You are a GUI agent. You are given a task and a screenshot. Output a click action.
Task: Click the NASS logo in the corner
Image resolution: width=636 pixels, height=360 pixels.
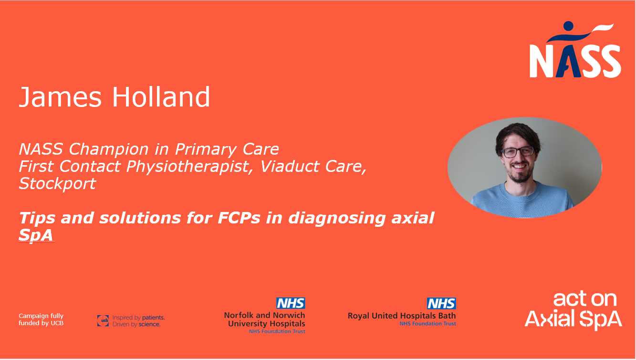point(575,50)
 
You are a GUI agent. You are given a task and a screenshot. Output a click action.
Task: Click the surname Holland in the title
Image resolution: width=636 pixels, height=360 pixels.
point(161,97)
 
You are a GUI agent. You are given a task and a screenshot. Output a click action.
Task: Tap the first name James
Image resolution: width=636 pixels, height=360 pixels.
point(60,97)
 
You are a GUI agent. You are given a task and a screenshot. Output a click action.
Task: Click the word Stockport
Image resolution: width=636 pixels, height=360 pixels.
point(57,183)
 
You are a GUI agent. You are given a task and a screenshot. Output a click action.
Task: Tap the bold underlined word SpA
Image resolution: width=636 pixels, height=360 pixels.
point(36,235)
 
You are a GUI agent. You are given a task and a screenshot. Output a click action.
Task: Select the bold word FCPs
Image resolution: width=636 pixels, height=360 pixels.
point(239,218)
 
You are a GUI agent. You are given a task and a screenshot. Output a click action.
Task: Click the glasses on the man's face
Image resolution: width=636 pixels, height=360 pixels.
point(518,152)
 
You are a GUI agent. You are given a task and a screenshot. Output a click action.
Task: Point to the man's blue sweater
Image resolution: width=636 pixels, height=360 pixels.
point(522,201)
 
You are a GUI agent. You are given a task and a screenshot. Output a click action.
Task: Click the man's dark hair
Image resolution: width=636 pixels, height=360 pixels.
point(518,135)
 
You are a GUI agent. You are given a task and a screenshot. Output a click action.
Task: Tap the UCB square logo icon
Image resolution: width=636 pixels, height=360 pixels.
point(103,320)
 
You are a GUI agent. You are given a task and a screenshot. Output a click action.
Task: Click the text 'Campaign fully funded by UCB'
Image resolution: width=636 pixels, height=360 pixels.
point(41,319)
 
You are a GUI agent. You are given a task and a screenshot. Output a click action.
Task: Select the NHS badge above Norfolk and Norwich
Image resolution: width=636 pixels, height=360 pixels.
point(291,303)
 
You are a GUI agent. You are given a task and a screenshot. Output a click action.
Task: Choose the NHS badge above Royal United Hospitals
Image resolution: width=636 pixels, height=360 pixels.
point(441,304)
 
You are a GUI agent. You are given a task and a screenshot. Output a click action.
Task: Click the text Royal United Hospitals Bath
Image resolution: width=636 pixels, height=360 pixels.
point(402,316)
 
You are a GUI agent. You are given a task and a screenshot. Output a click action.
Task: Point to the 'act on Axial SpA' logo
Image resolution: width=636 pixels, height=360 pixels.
point(573,310)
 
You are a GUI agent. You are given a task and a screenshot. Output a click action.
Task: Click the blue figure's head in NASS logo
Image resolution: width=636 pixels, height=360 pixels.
point(568,26)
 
